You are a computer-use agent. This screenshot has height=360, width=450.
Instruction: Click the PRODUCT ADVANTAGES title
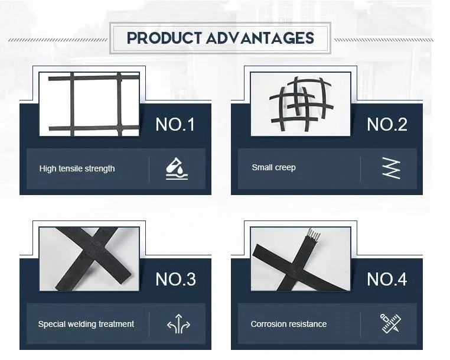[220, 38]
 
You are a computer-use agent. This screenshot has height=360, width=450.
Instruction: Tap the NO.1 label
[175, 125]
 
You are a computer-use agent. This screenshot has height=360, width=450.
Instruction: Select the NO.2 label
[387, 125]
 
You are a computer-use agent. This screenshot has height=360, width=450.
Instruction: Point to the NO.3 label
[175, 279]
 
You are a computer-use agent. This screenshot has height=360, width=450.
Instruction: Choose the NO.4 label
[387, 279]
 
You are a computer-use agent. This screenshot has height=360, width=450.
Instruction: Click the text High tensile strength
[77, 168]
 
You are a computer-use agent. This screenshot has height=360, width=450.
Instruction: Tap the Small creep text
[273, 167]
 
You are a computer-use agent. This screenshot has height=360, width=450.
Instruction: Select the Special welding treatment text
[86, 324]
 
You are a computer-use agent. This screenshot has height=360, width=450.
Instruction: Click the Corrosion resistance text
[288, 324]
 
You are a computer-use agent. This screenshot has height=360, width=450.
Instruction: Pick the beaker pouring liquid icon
[177, 168]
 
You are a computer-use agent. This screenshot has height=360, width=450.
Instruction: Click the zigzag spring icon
[390, 168]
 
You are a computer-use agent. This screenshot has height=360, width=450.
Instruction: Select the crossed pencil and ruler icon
[390, 323]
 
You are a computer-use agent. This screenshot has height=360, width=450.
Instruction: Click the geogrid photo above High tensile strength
[89, 104]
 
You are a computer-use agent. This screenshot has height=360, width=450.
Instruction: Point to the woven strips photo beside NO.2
[301, 104]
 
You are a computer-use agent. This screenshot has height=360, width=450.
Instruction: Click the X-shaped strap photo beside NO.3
[89, 259]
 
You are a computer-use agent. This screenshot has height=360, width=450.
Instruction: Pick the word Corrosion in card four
[269, 324]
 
